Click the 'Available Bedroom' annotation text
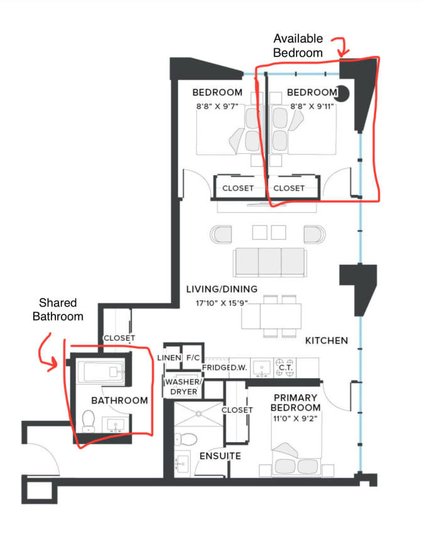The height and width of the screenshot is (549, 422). [298, 46]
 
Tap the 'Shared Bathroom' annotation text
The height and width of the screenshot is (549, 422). [58, 309]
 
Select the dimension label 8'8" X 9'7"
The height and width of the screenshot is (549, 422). [217, 107]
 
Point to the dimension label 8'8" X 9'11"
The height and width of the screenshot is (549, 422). [311, 107]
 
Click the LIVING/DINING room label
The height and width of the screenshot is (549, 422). [222, 289]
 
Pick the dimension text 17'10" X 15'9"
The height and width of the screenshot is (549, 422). [222, 303]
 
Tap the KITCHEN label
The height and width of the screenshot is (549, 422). [327, 341]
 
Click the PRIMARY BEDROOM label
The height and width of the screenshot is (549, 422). [296, 403]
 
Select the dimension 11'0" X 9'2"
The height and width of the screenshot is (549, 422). [295, 418]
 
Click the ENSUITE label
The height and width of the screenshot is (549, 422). [220, 456]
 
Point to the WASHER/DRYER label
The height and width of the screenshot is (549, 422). [183, 387]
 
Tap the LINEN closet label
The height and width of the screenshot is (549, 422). [169, 358]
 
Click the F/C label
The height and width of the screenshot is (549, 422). [193, 358]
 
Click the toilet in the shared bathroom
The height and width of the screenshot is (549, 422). [89, 421]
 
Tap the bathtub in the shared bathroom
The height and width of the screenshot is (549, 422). [101, 372]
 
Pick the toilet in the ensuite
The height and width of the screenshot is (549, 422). [186, 439]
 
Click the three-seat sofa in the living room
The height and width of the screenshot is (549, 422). [270, 263]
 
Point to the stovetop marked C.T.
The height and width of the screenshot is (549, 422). [284, 368]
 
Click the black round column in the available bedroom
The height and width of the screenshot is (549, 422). [342, 93]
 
